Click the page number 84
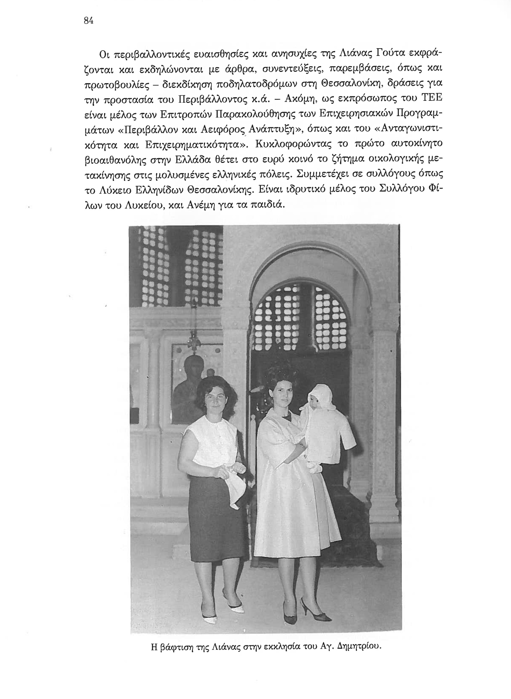coord(88,21)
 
